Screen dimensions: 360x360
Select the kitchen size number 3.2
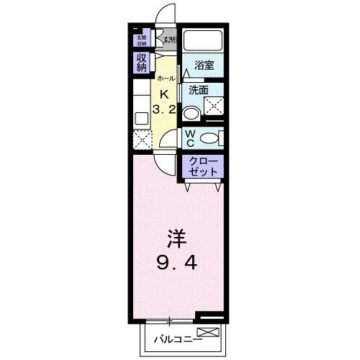163,110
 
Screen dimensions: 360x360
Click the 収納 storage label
140,63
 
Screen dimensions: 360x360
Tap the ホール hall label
165,78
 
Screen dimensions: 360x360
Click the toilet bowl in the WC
210,138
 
